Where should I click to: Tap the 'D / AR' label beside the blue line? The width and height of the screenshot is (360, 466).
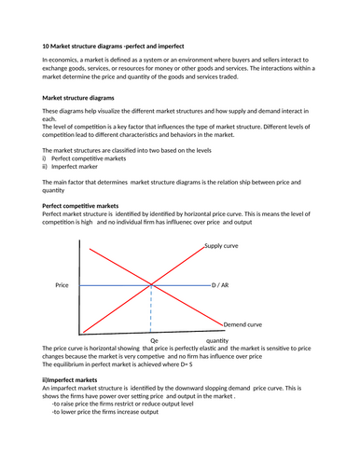point(220,284)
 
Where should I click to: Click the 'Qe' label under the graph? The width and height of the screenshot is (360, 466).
point(154,341)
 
